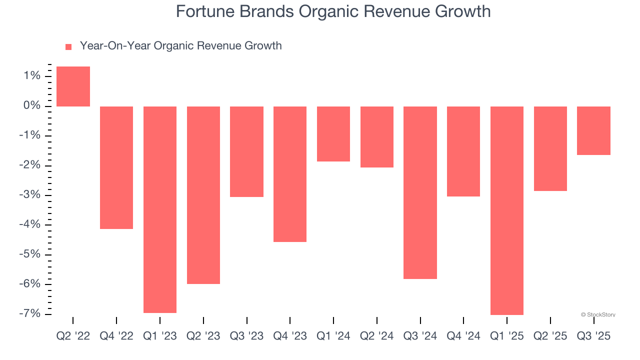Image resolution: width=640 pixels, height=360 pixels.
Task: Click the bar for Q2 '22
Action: point(73,86)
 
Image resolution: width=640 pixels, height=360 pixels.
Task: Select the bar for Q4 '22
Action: point(116,167)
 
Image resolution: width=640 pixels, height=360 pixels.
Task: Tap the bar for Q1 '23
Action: point(160,209)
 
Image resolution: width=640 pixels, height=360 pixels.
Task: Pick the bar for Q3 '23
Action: point(246,151)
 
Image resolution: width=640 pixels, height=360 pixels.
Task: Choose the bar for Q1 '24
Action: point(333,134)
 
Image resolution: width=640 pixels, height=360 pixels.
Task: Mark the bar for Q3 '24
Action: point(420,192)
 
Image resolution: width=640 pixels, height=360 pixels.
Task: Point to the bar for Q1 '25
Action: point(507,210)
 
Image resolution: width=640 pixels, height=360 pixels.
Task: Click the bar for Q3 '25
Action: point(593,130)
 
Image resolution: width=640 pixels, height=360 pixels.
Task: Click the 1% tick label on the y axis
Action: point(30,76)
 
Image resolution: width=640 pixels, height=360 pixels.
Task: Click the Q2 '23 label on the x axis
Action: point(203,336)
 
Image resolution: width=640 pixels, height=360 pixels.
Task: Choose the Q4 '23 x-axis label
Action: point(290,336)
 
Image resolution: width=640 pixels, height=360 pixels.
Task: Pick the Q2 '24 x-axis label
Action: point(376,336)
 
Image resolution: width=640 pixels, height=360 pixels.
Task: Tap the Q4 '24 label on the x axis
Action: point(463,336)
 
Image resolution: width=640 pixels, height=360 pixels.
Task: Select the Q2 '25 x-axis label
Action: point(550,336)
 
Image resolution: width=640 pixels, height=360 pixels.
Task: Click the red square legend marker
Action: point(68,46)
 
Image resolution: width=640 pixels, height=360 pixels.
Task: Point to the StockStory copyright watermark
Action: point(598,315)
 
